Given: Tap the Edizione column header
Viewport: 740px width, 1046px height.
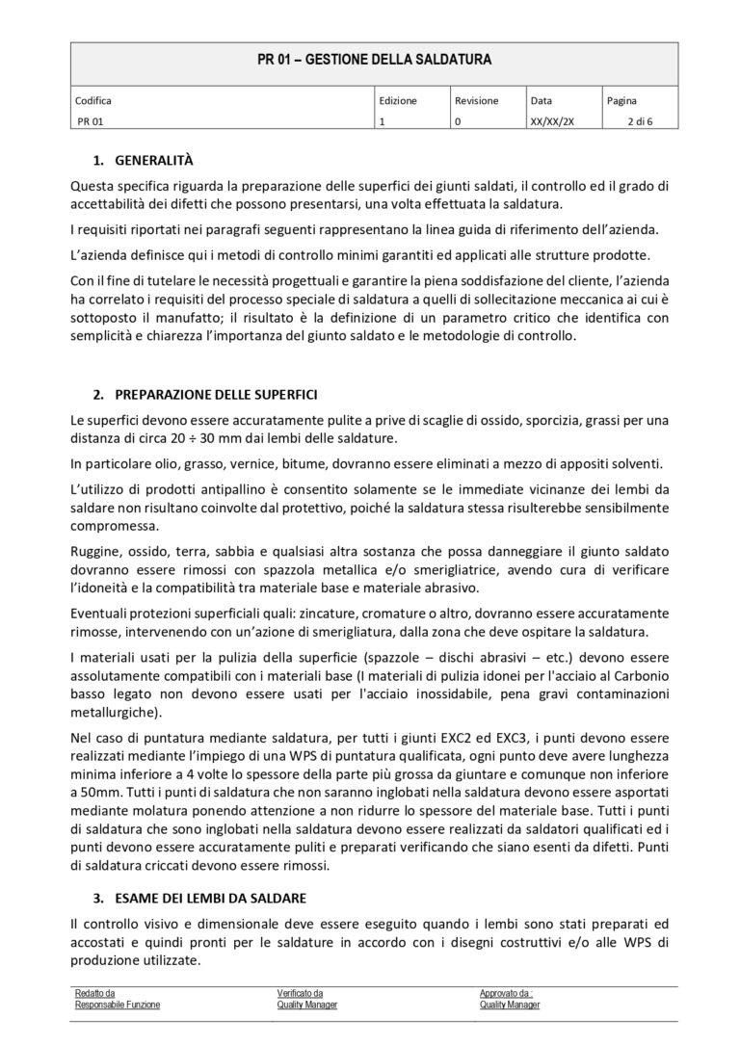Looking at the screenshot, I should point(398,100).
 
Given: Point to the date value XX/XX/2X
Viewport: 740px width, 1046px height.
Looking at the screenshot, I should point(552,122).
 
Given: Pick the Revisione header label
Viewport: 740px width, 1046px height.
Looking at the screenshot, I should point(476,100).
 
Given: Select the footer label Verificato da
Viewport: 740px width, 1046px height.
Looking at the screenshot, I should point(300,993).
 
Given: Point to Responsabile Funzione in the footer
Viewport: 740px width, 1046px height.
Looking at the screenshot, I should point(117,1004).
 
